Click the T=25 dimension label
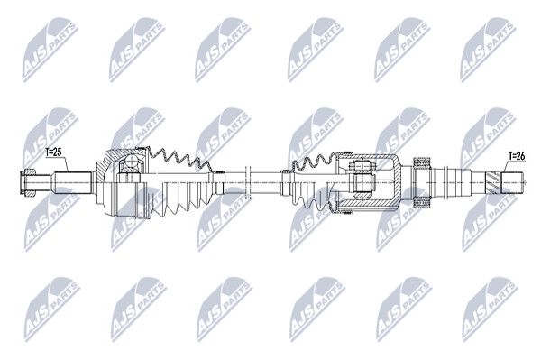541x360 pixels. coord(54,152)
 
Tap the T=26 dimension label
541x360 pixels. coord(516,156)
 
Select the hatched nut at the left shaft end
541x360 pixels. coord(27,182)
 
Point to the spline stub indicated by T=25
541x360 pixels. coord(72,182)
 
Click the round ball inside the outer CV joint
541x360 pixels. coord(130,162)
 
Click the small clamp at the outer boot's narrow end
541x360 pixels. coord(218,182)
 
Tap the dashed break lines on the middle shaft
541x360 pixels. coord(247,182)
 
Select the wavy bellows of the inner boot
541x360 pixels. coord(312,163)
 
